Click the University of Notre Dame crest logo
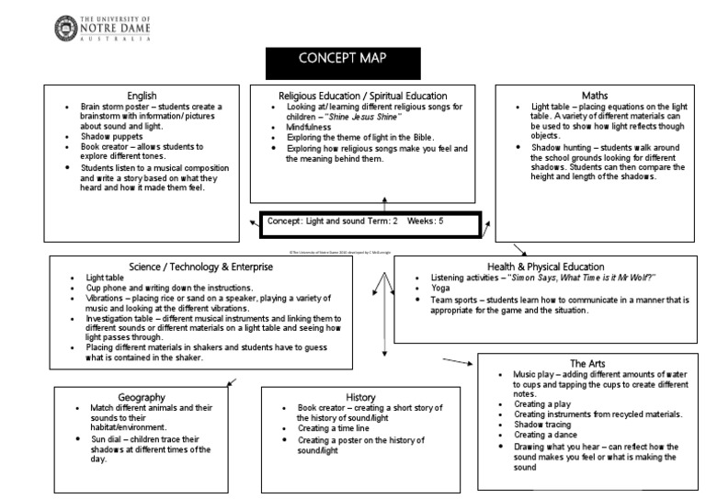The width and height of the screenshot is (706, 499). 67,28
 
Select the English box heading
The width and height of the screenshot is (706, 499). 142,95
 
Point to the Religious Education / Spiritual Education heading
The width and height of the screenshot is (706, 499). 363,96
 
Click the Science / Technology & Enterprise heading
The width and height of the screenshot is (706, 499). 201,267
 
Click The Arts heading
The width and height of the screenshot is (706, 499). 587,363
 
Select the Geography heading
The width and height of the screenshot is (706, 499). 142,396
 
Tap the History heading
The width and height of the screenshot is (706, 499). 360,397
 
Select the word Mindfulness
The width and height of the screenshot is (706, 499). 313,127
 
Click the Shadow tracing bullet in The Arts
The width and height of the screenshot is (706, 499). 541,425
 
